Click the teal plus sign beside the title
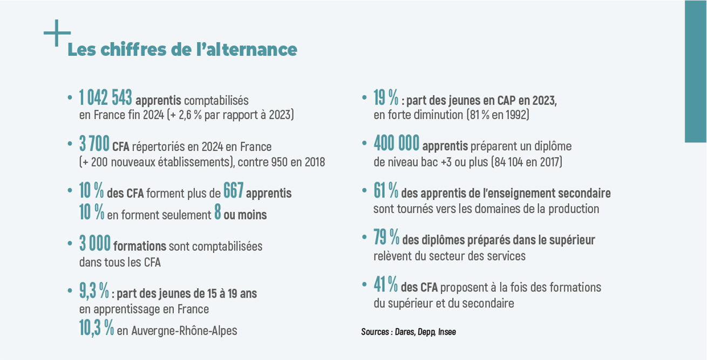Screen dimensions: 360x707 pos(57,33)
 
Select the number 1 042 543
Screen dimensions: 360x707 pos(105,98)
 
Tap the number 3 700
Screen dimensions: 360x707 pos(94,145)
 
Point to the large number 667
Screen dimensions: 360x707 pos(233,191)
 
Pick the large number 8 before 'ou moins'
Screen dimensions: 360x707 pos(217,213)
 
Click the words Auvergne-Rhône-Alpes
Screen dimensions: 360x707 pos(184,330)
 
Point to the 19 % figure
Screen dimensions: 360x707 pos(386,98)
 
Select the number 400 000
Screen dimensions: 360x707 pos(397,144)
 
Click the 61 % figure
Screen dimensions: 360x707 pos(386,191)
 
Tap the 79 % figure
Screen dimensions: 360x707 pos(386,237)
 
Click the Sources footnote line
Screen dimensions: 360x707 pos(408,332)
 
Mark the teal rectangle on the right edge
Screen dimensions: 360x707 pos(695,71)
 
